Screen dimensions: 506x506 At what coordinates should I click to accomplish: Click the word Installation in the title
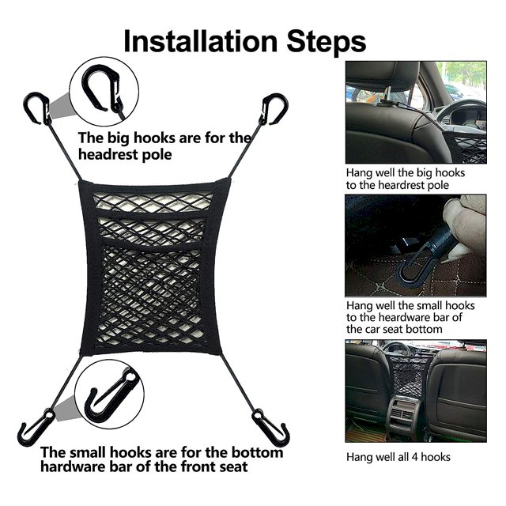(201, 41)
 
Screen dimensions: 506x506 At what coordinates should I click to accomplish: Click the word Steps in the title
(327, 42)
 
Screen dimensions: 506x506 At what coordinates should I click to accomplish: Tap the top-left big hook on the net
(36, 109)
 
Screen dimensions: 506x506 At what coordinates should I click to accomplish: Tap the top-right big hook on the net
(274, 109)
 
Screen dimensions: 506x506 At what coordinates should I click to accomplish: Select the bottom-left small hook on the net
(35, 427)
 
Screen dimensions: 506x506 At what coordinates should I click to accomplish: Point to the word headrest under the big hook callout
(108, 155)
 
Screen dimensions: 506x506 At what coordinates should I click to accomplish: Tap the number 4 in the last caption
(414, 457)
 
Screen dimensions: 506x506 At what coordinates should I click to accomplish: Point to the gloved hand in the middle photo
(465, 226)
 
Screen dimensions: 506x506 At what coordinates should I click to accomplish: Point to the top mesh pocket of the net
(153, 202)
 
